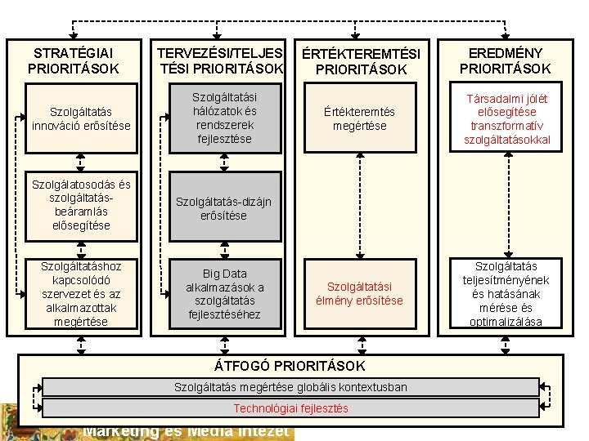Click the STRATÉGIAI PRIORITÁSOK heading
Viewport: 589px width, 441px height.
click(78, 60)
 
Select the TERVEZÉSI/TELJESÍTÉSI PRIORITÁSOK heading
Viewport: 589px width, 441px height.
click(221, 60)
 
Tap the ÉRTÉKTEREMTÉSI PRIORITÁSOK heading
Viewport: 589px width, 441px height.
click(361, 62)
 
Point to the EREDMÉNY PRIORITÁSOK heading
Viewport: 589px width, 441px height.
click(505, 60)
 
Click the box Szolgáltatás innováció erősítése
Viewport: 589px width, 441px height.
click(81, 118)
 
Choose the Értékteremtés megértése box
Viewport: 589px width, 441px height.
click(360, 118)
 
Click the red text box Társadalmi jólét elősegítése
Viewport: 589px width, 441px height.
click(506, 119)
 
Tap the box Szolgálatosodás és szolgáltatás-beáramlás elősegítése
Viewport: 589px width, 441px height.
click(81, 204)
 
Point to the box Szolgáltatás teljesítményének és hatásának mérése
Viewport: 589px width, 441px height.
click(506, 293)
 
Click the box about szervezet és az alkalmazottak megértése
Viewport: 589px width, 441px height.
click(81, 293)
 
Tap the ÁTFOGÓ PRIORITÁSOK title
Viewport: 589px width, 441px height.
click(290, 365)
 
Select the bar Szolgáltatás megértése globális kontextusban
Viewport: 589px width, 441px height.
click(290, 386)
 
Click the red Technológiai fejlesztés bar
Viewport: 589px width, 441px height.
click(290, 408)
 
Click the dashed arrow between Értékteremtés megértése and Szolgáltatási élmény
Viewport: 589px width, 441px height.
click(360, 204)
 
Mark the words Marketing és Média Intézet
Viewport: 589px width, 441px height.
click(187, 431)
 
